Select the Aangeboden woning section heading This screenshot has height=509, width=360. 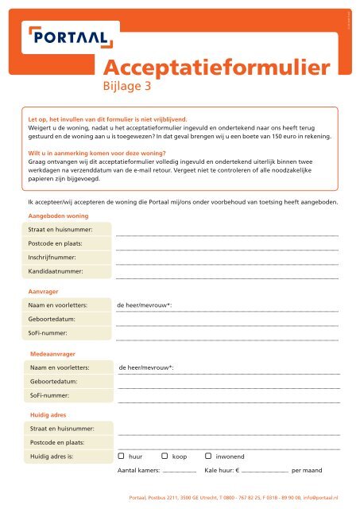pyautogui.click(x=58, y=216)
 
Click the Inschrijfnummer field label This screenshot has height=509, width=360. pyautogui.click(x=54, y=257)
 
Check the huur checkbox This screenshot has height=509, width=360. pyautogui.click(x=121, y=457)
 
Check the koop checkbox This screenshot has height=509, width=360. pyautogui.click(x=165, y=457)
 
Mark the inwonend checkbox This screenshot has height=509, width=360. pyautogui.click(x=208, y=457)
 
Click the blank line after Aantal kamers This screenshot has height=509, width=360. pyautogui.click(x=179, y=472)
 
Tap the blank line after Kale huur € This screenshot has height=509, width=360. pyautogui.click(x=265, y=472)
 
